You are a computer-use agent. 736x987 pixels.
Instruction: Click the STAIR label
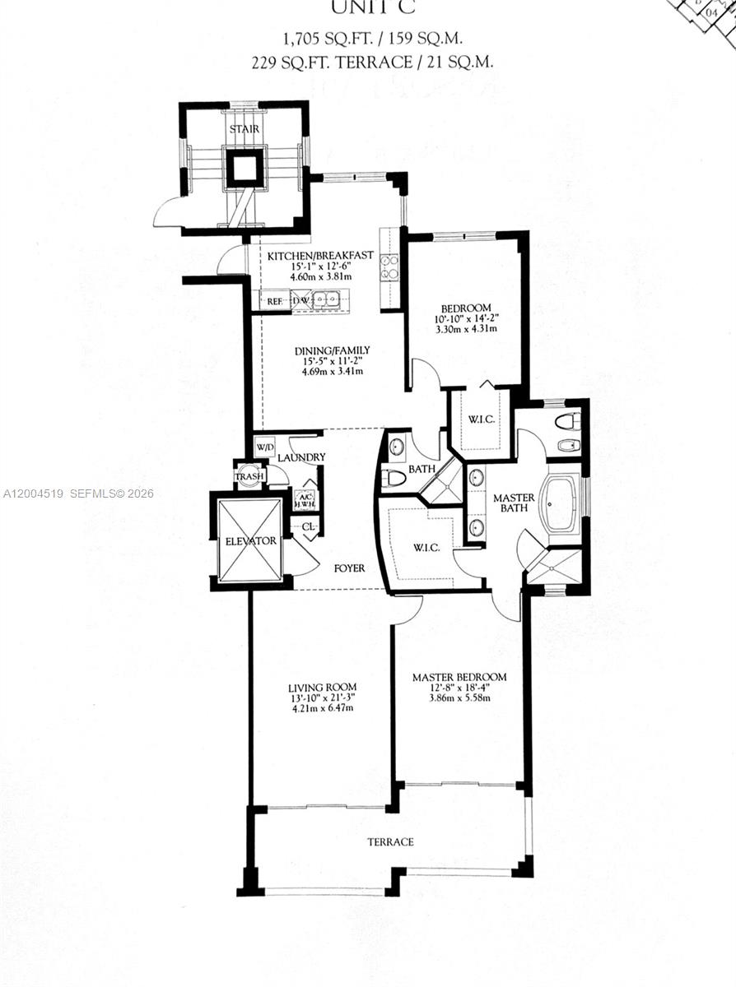click(245, 129)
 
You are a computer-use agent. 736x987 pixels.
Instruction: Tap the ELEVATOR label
click(251, 541)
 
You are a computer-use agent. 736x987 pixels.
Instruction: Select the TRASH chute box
click(249, 477)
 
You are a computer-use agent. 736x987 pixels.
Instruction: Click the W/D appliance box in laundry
click(264, 447)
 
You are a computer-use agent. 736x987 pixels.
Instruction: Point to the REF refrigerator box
click(275, 302)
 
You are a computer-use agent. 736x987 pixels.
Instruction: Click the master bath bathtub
click(561, 503)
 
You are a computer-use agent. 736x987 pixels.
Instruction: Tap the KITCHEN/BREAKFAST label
click(310, 256)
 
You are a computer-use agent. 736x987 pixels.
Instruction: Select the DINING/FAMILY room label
click(327, 351)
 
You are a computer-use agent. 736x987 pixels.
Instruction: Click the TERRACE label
click(391, 842)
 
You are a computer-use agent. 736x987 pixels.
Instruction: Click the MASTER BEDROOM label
click(459, 677)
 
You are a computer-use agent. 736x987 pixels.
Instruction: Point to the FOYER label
click(350, 568)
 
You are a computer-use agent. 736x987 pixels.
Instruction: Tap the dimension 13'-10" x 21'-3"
click(321, 698)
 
